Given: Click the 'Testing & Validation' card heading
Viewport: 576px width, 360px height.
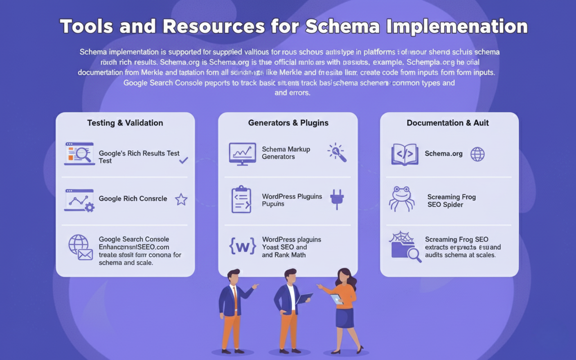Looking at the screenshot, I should pos(125,123).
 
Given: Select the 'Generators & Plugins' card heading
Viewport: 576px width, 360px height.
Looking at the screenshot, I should pos(288,123).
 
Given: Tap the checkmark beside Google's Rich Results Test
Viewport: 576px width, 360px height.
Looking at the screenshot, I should pos(184,160).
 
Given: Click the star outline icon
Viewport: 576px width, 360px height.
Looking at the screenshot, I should pos(181,199).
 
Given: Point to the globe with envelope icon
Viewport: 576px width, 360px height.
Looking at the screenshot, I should pos(80,247).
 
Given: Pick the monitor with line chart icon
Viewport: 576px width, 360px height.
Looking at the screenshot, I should pos(242,153).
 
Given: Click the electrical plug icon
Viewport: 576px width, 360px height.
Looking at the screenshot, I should pos(337,199).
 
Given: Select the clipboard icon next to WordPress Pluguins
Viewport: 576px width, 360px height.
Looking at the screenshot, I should pos(241,199).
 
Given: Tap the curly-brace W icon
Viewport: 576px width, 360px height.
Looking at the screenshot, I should pos(243,246).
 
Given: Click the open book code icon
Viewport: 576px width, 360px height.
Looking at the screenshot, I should pos(405,154).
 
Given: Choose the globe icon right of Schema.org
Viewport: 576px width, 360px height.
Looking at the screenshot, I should pos(477,154).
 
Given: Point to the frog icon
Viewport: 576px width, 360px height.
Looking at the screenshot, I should pos(401,198).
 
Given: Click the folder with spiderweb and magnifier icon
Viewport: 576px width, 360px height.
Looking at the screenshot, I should pos(405,247).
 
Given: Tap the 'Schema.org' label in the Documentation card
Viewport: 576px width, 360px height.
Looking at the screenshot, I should pos(443,153).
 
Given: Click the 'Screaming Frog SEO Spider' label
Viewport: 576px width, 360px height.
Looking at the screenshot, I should pos(451,201).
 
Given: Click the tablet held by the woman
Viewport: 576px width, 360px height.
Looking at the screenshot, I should pos(337,299).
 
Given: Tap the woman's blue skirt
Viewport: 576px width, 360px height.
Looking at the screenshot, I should pos(344,317).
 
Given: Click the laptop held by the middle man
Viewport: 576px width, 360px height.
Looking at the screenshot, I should pos(304,298).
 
